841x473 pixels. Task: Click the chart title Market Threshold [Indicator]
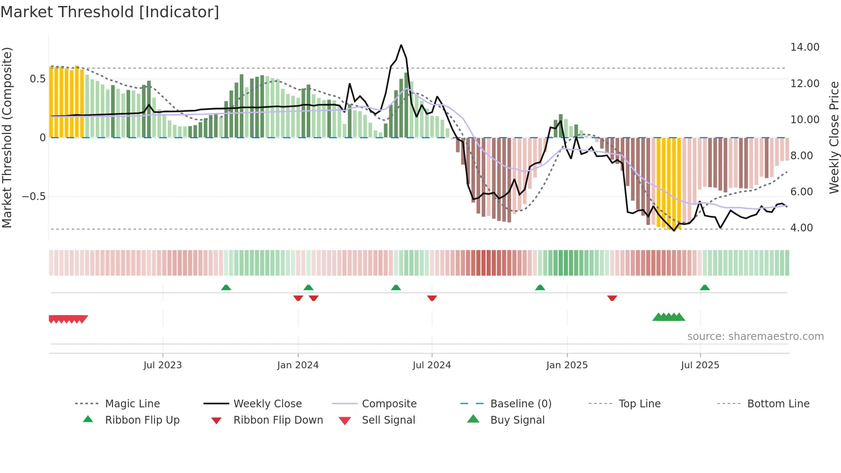coord(110,12)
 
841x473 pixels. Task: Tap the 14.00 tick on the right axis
coord(805,47)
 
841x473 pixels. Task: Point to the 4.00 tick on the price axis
coord(802,228)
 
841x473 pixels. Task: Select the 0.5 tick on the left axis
coord(38,79)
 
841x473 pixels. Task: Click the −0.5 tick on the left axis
coord(34,197)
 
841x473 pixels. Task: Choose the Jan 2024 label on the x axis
coord(298,365)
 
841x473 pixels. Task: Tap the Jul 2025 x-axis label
coord(700,365)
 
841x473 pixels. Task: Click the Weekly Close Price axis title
coord(834,137)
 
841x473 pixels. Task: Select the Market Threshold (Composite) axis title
coord(7,137)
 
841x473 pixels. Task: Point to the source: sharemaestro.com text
coord(755,337)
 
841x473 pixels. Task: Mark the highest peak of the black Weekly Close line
coord(401,45)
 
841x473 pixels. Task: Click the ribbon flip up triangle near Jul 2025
coord(705,288)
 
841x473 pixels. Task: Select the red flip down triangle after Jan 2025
coord(612,298)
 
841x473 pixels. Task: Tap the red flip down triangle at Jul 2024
coord(432,298)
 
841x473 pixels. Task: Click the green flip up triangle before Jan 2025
coord(540,288)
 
